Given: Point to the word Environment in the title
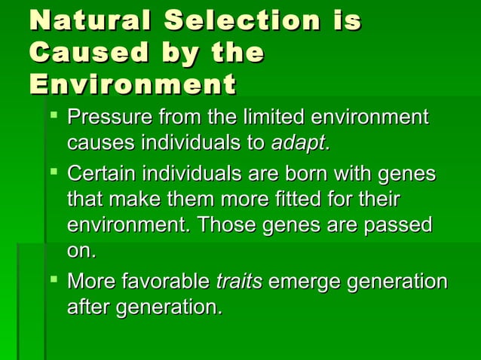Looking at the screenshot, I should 132,84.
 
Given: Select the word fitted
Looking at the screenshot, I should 290,200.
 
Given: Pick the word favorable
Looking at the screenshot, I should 173,282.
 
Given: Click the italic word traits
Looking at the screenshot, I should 239,282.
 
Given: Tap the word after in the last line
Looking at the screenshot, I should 88,307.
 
